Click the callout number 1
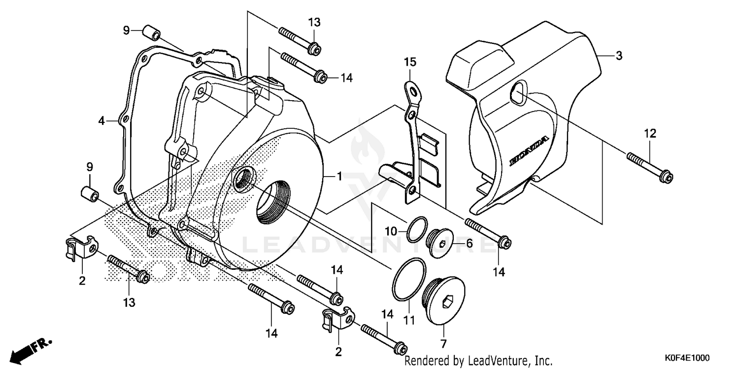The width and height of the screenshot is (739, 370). (339, 176)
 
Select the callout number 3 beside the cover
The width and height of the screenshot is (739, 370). (619, 56)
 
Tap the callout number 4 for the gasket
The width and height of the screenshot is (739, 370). (101, 120)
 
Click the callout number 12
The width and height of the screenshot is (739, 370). (649, 133)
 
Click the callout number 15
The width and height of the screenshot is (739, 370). (410, 62)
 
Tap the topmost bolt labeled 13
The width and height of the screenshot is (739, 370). (298, 40)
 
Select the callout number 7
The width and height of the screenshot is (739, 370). (443, 343)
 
